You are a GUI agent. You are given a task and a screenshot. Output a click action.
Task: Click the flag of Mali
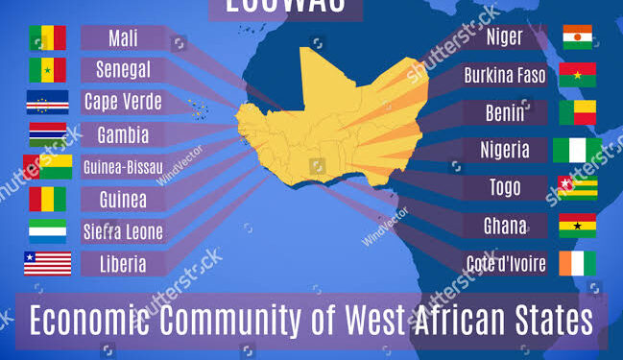tap(46, 37)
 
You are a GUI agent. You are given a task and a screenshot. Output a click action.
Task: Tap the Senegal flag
tap(46, 69)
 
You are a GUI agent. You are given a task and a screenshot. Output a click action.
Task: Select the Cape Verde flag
tap(46, 103)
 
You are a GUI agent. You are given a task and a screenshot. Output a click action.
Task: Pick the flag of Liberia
tap(47, 263)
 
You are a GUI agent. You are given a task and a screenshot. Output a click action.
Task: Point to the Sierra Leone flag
tap(46, 231)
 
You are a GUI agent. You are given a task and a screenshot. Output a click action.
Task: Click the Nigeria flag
tap(577, 150)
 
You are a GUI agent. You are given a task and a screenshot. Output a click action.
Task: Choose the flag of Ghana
tap(578, 226)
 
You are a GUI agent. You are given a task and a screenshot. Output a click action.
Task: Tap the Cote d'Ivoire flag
tap(578, 263)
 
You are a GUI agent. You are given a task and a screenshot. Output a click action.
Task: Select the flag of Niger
tap(578, 36)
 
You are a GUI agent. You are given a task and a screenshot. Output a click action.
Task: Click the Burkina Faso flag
tap(578, 75)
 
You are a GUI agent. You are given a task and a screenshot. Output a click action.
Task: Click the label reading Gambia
tap(122, 133)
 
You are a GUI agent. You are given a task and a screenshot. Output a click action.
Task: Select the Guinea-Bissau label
tap(122, 166)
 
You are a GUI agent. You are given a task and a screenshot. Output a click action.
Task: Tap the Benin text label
tap(505, 112)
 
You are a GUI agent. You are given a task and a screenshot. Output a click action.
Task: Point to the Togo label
tap(505, 188)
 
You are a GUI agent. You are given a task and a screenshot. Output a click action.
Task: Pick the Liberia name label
tap(122, 263)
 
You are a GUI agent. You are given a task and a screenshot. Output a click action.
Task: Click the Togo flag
tap(578, 187)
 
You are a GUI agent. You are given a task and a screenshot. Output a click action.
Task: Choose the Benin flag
tap(578, 112)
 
